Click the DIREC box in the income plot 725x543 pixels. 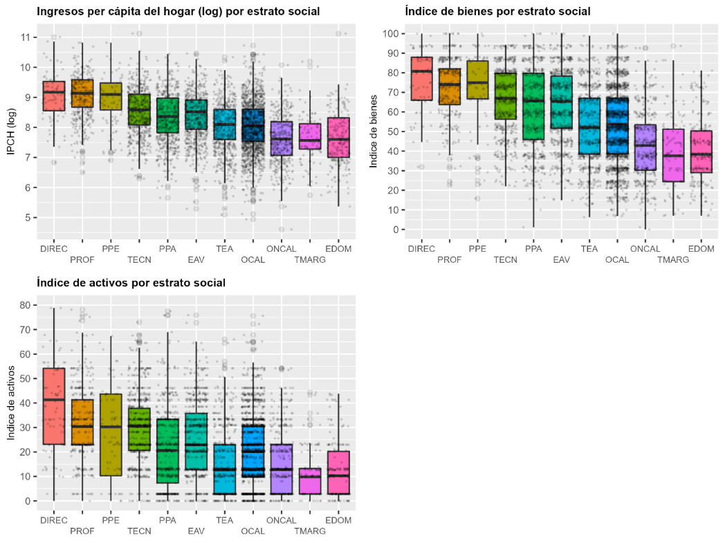point(54,95)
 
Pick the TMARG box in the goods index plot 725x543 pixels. point(673,155)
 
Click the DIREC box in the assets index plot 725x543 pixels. point(54,406)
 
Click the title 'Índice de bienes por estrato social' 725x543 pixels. point(497,12)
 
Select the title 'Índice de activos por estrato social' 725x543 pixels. point(131,283)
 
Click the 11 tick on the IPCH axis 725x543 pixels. point(25,37)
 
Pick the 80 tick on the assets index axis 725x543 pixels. point(25,305)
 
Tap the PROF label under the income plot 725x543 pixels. point(82,260)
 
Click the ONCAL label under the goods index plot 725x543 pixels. point(645,249)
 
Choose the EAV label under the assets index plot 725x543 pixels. point(196,531)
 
